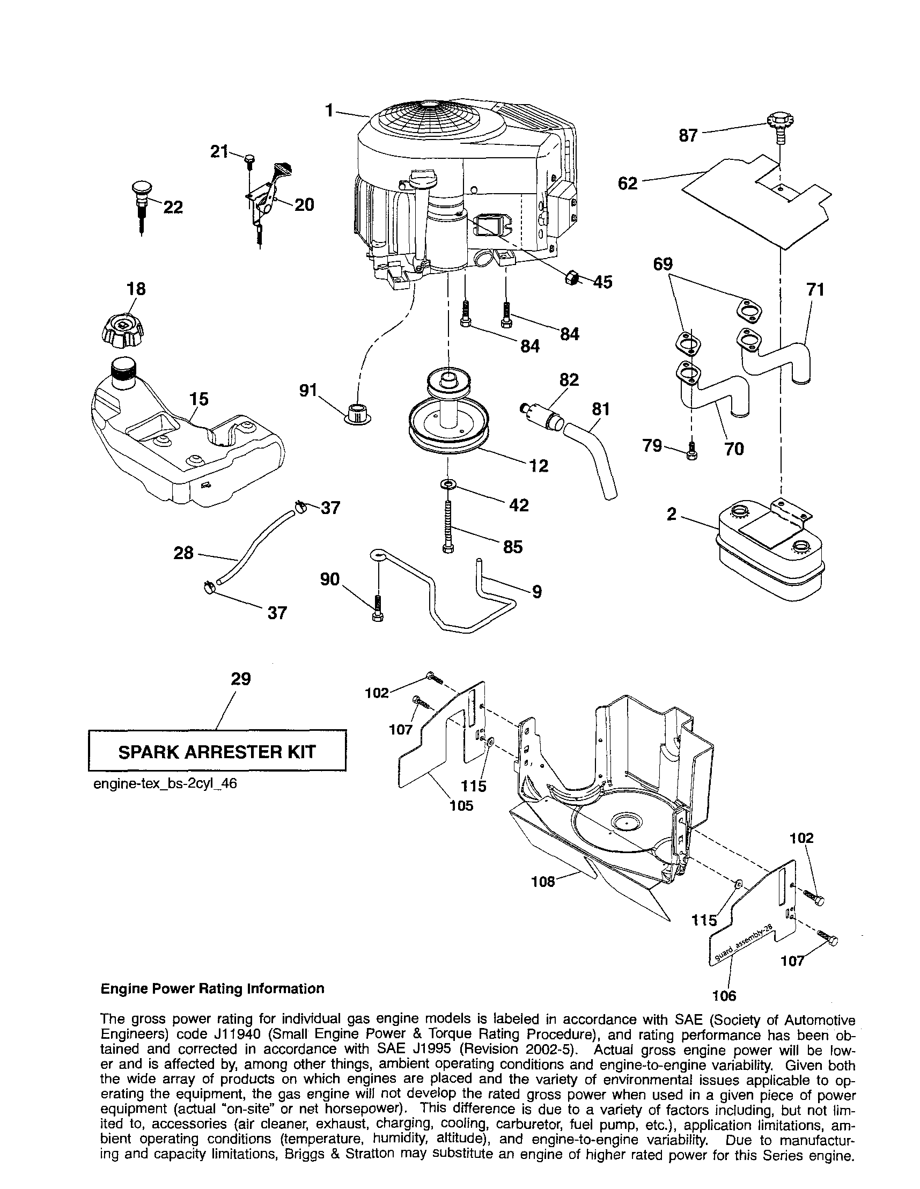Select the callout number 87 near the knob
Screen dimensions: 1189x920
(688, 136)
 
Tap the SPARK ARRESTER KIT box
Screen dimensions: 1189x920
(217, 752)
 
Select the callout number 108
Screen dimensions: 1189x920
(543, 882)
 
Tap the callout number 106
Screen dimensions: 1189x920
(724, 996)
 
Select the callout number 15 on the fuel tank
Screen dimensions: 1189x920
(199, 399)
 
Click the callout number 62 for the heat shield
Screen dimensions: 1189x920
(628, 184)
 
